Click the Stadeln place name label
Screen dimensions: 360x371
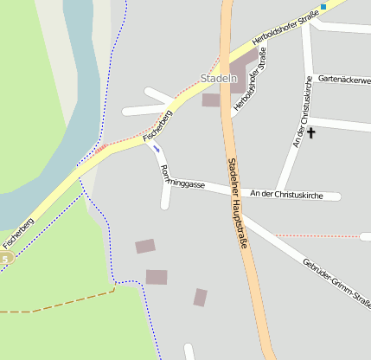point(218,79)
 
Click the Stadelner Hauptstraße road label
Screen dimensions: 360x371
point(238,202)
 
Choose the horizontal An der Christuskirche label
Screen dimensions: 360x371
point(285,195)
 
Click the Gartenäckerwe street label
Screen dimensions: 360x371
point(343,80)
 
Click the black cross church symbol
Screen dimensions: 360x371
point(311,132)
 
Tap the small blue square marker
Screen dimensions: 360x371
point(323,7)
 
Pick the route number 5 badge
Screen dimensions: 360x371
point(6,258)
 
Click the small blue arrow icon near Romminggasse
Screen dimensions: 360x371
point(157,148)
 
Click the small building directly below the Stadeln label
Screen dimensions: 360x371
point(211,100)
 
